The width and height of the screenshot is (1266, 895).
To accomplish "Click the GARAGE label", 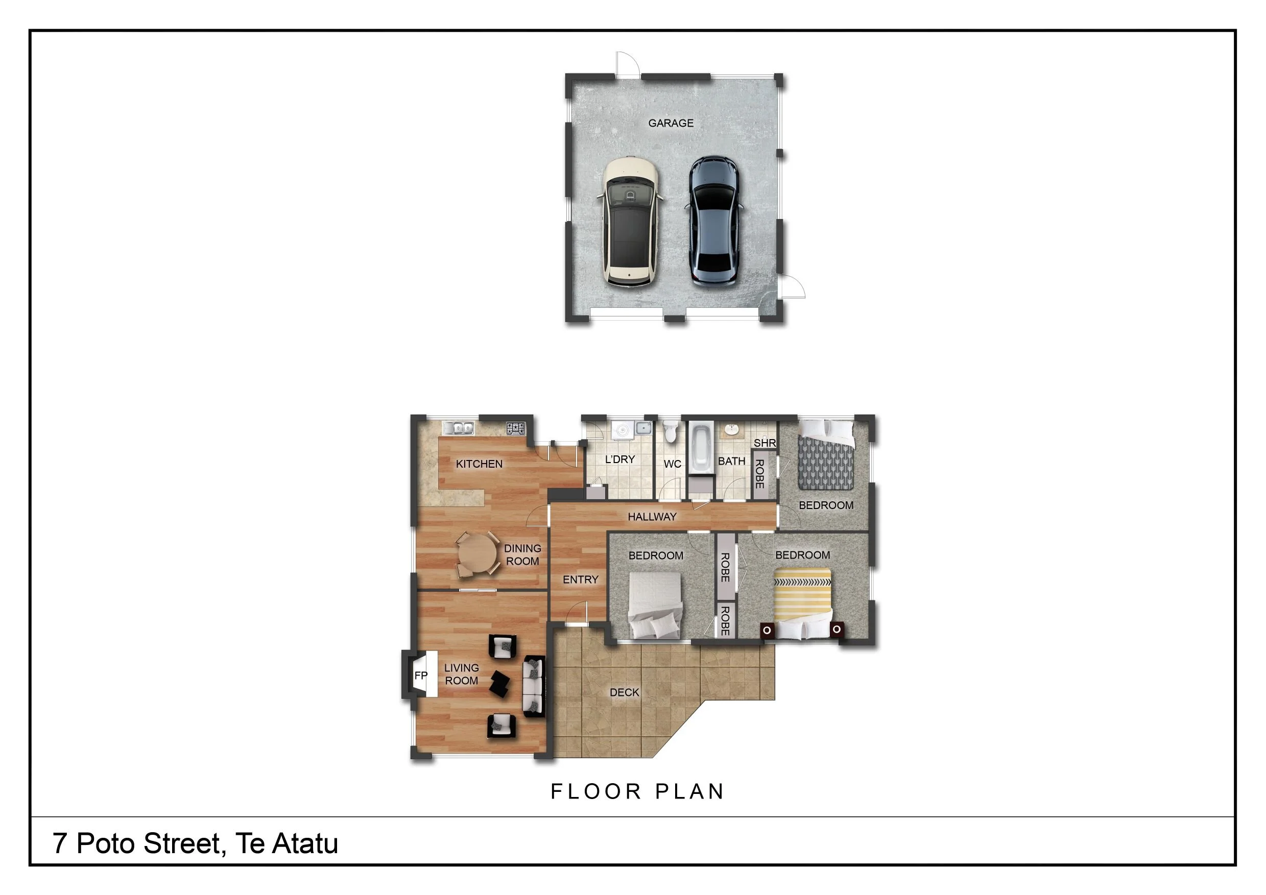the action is pos(671,123).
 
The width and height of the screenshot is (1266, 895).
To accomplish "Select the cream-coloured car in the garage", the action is pos(630,222).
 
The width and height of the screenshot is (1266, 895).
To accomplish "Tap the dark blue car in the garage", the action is pos(714,222).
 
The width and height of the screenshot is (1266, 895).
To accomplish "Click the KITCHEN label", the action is pos(479,464).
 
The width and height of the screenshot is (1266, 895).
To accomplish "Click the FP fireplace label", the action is pos(421,675).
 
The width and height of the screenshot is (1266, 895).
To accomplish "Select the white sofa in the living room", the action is pos(533,686).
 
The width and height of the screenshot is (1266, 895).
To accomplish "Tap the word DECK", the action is pos(624,692).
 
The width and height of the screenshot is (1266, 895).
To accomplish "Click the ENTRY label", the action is pos(580,579).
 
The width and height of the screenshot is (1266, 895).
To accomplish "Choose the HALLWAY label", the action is pos(652,516).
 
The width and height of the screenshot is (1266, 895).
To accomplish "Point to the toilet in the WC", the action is pos(670,431).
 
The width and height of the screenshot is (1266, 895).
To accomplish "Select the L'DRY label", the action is pos(620,459).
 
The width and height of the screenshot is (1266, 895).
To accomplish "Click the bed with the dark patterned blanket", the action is pos(826,455).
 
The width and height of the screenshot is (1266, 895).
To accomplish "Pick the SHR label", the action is pos(765,443).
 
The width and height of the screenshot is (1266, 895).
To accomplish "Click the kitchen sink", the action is pos(459,428).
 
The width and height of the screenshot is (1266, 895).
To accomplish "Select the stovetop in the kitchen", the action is pos(516,428).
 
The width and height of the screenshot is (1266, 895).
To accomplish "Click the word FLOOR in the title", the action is pos(596,791).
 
